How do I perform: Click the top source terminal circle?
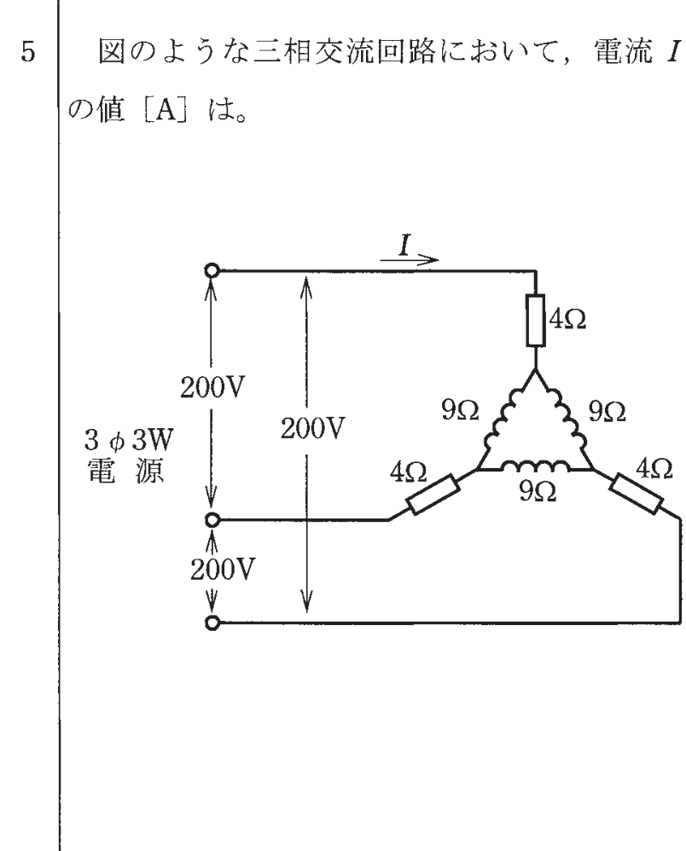pos(212,269)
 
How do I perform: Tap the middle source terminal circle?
pos(212,520)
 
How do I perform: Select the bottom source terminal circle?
pos(212,623)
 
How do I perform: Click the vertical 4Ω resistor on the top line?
pos(536,321)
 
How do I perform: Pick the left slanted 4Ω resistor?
pos(433,495)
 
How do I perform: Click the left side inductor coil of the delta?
pos(506,419)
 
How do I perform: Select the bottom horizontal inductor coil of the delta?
pos(536,466)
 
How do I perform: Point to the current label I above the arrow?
pos(404,246)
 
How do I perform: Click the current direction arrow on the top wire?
pos(409,260)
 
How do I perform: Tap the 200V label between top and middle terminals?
pos(212,387)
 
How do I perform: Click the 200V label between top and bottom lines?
pos(312,429)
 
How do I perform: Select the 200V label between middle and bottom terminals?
pos(222,570)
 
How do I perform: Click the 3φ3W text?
pos(128,440)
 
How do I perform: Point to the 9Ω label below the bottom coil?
pos(538,492)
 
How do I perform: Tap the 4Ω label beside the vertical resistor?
pos(567,320)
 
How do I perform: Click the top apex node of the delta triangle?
pos(536,370)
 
